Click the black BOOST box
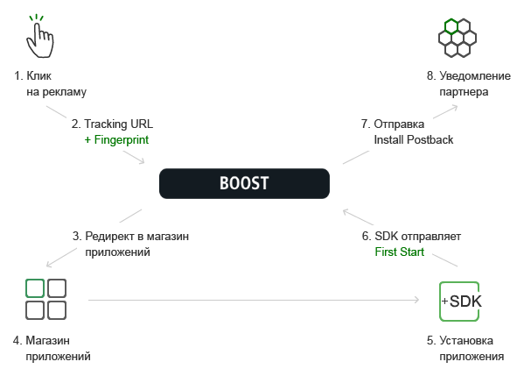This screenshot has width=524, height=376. click(244, 183)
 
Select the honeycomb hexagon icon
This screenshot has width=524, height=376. click(458, 38)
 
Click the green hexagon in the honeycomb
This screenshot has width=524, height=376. click(451, 27)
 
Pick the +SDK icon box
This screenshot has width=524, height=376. click(460, 302)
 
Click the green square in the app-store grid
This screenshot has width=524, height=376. click(35, 288)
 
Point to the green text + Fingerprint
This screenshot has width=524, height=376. click(116, 139)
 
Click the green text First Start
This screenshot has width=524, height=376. click(400, 252)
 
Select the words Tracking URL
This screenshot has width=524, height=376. click(118, 124)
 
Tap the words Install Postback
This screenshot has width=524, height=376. click(414, 139)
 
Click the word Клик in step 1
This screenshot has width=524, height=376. click(38, 75)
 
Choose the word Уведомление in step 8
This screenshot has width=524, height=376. click(475, 76)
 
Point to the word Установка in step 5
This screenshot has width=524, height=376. click(466, 341)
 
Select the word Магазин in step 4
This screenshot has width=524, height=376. click(48, 341)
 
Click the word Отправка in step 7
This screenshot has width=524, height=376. click(399, 124)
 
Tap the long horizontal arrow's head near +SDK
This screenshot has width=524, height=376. click(416, 300)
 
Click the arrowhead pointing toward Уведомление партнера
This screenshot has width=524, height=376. click(455, 107)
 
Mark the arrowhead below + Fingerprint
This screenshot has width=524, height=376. click(142, 161)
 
